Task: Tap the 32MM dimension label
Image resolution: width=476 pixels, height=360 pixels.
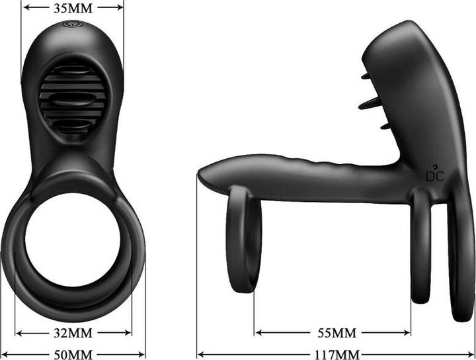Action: pyautogui.click(x=73, y=332)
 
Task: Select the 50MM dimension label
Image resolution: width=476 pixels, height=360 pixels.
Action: pyautogui.click(x=73, y=353)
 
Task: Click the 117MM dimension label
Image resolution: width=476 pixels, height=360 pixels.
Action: pyautogui.click(x=337, y=353)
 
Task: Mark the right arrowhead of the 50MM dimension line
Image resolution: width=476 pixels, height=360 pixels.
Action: pyautogui.click(x=142, y=353)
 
